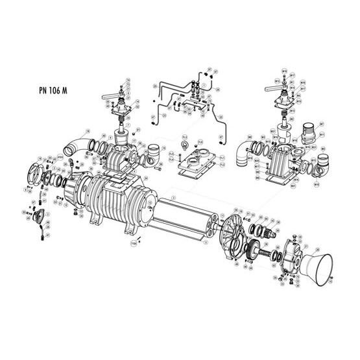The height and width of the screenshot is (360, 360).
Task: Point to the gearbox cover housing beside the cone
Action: [x=292, y=250]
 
